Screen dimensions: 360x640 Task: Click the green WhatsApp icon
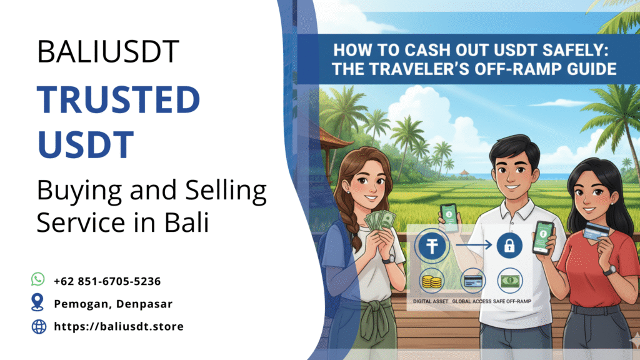point(38,279)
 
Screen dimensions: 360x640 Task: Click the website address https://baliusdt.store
point(118,326)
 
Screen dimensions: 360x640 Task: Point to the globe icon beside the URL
point(39,326)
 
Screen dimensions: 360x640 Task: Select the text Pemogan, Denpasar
point(112,304)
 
